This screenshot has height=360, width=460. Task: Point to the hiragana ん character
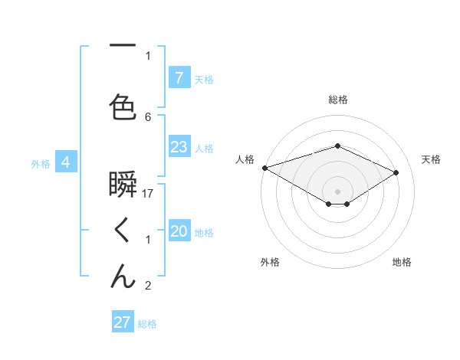[x=123, y=276]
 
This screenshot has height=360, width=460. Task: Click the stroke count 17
[x=149, y=194]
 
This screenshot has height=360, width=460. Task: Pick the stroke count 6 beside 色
[x=148, y=116]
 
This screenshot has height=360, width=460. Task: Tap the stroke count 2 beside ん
[x=148, y=286]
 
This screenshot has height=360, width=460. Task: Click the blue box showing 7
[x=179, y=77]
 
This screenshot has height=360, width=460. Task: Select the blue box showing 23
[x=179, y=147]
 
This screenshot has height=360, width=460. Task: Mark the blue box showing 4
[x=66, y=162]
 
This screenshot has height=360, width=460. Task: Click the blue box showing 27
[x=123, y=322]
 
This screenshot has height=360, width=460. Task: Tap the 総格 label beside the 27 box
[x=147, y=324]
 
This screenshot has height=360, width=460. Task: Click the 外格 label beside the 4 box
[x=41, y=163]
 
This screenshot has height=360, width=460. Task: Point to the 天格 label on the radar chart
[x=431, y=159]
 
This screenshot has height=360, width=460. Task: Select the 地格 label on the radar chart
[x=402, y=262]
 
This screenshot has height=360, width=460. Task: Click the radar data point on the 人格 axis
[x=264, y=168]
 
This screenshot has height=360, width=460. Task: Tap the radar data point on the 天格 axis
[x=396, y=172]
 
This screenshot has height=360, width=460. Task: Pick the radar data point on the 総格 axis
[x=337, y=146]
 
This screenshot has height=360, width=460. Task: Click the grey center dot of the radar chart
[x=337, y=191]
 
